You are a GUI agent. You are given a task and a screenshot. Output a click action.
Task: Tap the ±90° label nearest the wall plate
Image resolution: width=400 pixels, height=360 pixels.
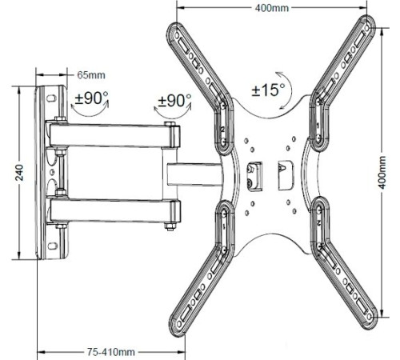click(92, 101)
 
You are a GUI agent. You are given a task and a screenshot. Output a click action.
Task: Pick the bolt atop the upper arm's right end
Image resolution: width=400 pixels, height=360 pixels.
click(170, 117)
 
